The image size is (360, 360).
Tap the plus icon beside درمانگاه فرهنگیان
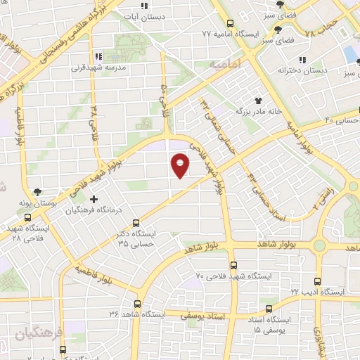pyautogui.click(x=94, y=199)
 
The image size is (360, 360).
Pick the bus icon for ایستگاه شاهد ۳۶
pyautogui.click(x=136, y=305)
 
